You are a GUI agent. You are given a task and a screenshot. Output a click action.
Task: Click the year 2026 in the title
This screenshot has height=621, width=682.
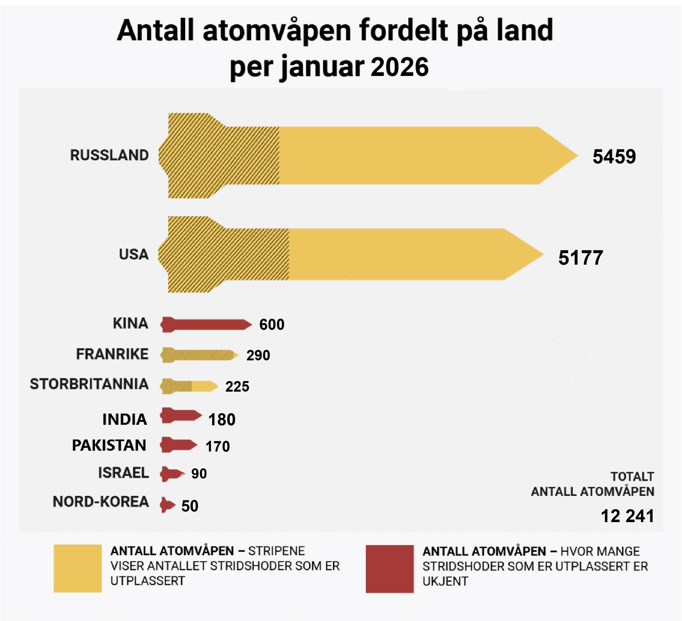point(400,67)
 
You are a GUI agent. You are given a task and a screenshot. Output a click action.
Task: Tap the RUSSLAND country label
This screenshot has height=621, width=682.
point(109,155)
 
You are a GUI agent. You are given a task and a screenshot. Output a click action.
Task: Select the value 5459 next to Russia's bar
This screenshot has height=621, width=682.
point(614,156)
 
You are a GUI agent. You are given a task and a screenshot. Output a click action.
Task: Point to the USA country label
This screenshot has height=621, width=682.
point(134,254)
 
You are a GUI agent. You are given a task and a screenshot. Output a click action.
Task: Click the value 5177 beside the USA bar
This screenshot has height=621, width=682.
point(581,258)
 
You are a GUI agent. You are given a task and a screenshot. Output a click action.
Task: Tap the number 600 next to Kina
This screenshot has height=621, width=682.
point(272,325)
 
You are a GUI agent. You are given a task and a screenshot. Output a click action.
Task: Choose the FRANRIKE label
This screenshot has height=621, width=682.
point(112,354)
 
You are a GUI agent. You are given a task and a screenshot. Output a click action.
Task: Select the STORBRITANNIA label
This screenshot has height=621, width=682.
point(89,384)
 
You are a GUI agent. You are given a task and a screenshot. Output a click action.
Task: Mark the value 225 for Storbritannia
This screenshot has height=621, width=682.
point(237,386)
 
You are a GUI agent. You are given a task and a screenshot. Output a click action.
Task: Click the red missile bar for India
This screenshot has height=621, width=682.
point(181,415)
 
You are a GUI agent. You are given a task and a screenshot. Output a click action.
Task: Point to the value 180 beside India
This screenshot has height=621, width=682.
point(221,419)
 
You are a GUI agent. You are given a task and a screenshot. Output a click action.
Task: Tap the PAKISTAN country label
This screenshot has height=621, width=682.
point(109,445)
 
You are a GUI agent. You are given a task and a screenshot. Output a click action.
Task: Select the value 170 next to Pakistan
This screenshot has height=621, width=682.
point(217,446)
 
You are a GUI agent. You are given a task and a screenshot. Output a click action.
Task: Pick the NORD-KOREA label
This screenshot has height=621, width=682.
point(101,502)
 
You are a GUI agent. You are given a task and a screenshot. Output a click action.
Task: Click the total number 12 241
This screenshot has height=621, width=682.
point(627,516)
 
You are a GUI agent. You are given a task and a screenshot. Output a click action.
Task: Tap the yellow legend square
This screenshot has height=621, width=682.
point(78,568)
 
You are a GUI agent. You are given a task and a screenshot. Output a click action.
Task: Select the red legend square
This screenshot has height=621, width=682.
point(389,569)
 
